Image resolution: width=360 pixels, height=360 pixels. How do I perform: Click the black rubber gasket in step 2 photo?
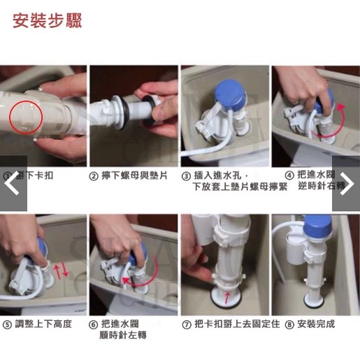pos(127,109)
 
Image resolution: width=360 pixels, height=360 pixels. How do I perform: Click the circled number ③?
pos(186,176)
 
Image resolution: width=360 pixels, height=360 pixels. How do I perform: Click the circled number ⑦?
pos(186,324)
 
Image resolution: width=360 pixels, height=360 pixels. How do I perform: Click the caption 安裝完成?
pos(315,324)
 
